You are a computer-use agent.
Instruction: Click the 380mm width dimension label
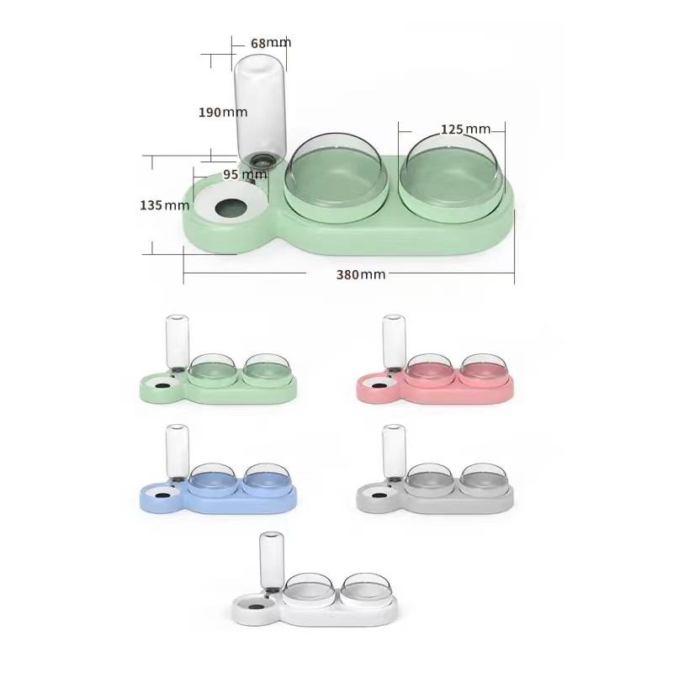[x=360, y=274]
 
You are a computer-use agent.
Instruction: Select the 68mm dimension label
[x=270, y=42]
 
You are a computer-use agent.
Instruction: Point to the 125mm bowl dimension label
[x=465, y=129]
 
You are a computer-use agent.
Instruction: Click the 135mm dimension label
[x=165, y=205]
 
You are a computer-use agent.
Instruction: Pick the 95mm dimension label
[x=244, y=175]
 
